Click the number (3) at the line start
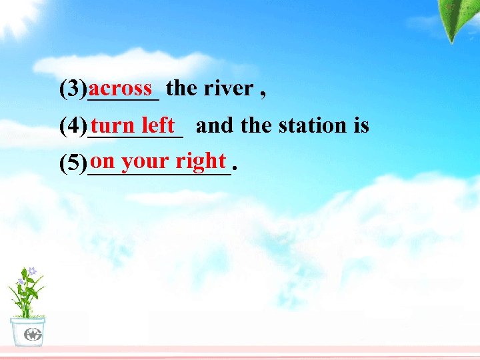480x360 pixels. [73, 89]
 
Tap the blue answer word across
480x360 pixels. [121, 87]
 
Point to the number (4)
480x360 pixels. [73, 126]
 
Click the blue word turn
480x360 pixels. [114, 125]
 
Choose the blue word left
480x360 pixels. [158, 125]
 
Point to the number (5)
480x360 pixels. [73, 163]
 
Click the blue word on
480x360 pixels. [103, 161]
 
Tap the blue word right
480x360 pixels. [201, 161]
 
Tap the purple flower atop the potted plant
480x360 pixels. [31, 271]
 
